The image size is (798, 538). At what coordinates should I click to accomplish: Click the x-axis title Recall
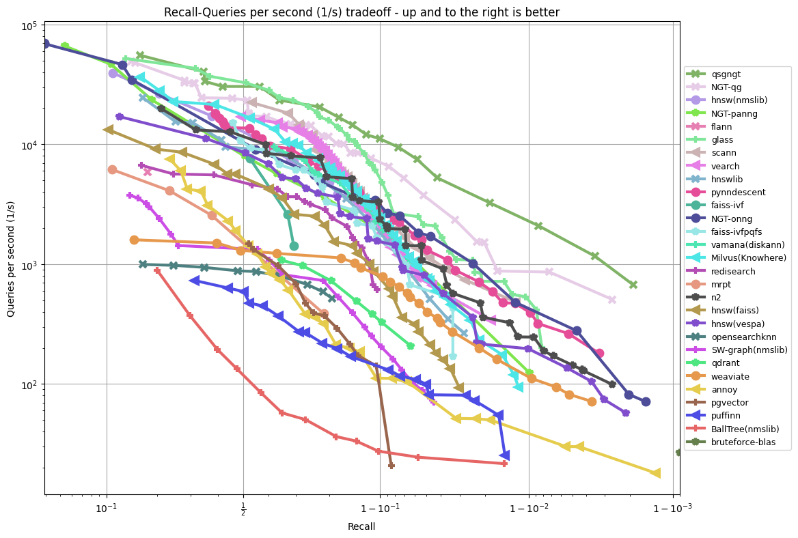[361, 526]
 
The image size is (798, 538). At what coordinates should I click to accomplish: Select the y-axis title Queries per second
[11, 259]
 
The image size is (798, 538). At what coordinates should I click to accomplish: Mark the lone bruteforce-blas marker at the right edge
[679, 452]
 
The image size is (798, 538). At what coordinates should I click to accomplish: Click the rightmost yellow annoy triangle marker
[655, 473]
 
